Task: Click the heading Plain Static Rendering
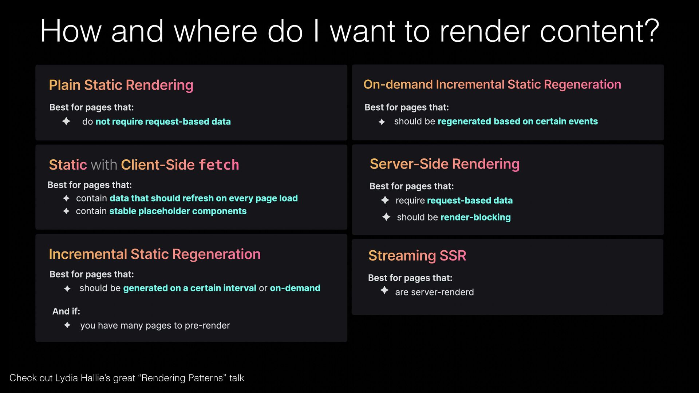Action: tap(121, 85)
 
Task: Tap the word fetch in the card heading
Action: tap(219, 165)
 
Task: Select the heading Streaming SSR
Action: tap(417, 255)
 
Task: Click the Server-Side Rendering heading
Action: tap(445, 164)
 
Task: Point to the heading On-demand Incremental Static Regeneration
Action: tap(492, 84)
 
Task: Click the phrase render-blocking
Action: tap(475, 217)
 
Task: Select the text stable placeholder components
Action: tap(178, 211)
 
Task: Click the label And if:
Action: tap(66, 311)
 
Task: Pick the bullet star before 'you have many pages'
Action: tap(67, 325)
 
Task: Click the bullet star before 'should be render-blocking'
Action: tap(386, 217)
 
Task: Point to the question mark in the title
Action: tap(651, 31)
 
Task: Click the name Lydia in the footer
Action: tap(67, 378)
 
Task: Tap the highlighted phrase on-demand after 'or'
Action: tap(295, 288)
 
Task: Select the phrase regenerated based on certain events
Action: tap(518, 122)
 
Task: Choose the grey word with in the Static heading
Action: tap(104, 165)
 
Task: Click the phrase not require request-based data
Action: tap(163, 122)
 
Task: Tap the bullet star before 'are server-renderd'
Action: tap(384, 290)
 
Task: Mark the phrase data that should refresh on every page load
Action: tap(204, 198)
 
